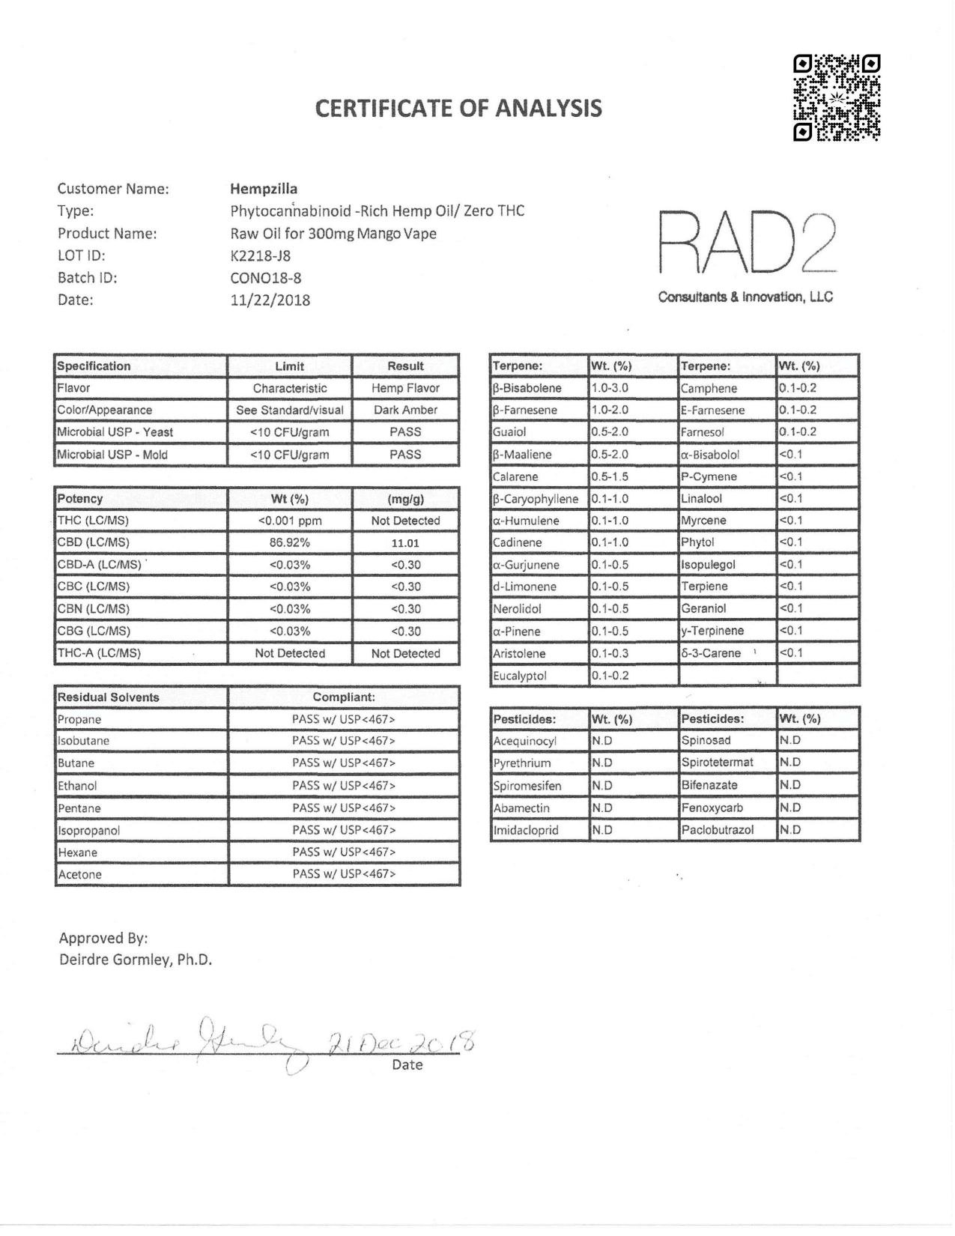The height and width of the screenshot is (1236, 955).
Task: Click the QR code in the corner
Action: tap(836, 97)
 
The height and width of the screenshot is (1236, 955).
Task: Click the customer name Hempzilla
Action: tap(264, 189)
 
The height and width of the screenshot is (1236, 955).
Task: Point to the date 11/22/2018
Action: tap(270, 300)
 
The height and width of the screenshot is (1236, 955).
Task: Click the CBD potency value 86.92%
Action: tap(289, 543)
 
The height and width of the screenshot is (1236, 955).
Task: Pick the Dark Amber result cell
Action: tap(405, 410)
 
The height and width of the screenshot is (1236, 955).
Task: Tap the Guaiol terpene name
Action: tap(509, 432)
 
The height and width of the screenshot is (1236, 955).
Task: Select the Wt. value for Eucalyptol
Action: tap(610, 676)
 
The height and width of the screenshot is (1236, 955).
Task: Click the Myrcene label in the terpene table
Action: tap(698, 521)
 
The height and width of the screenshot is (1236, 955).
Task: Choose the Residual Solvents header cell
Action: tap(109, 697)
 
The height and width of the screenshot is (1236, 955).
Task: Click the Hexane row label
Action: tap(78, 852)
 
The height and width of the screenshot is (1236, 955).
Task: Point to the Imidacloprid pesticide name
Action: tap(526, 830)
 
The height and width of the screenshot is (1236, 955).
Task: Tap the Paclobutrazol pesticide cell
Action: tap(718, 830)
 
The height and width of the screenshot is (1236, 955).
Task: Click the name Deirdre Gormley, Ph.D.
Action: tap(136, 960)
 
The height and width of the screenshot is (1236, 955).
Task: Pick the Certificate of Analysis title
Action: tap(458, 109)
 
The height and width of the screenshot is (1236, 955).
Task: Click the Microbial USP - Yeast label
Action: tap(115, 432)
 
